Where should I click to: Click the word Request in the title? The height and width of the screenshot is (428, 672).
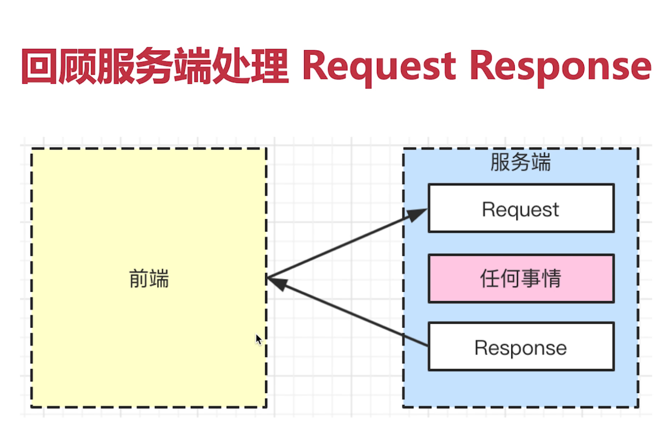tap(379, 67)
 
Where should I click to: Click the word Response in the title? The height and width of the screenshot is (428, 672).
tap(560, 67)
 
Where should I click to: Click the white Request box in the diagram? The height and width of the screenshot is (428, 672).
tap(520, 208)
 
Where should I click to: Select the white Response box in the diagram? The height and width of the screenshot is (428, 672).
tap(520, 347)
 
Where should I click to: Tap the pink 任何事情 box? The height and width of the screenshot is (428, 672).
tap(520, 279)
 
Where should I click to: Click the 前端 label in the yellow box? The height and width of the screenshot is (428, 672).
tap(149, 279)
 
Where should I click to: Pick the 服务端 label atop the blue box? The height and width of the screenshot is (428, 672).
tap(520, 162)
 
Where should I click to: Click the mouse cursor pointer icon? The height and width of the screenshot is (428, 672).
tap(258, 339)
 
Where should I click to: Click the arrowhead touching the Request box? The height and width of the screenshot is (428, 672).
tap(417, 214)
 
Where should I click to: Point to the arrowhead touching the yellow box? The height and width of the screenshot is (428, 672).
tap(276, 282)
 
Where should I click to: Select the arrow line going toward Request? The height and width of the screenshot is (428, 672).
tap(341, 246)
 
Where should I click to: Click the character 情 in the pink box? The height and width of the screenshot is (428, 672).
tap(552, 279)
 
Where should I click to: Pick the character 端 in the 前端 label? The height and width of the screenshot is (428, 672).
tap(159, 279)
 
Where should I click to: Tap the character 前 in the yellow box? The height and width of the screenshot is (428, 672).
tap(139, 279)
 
